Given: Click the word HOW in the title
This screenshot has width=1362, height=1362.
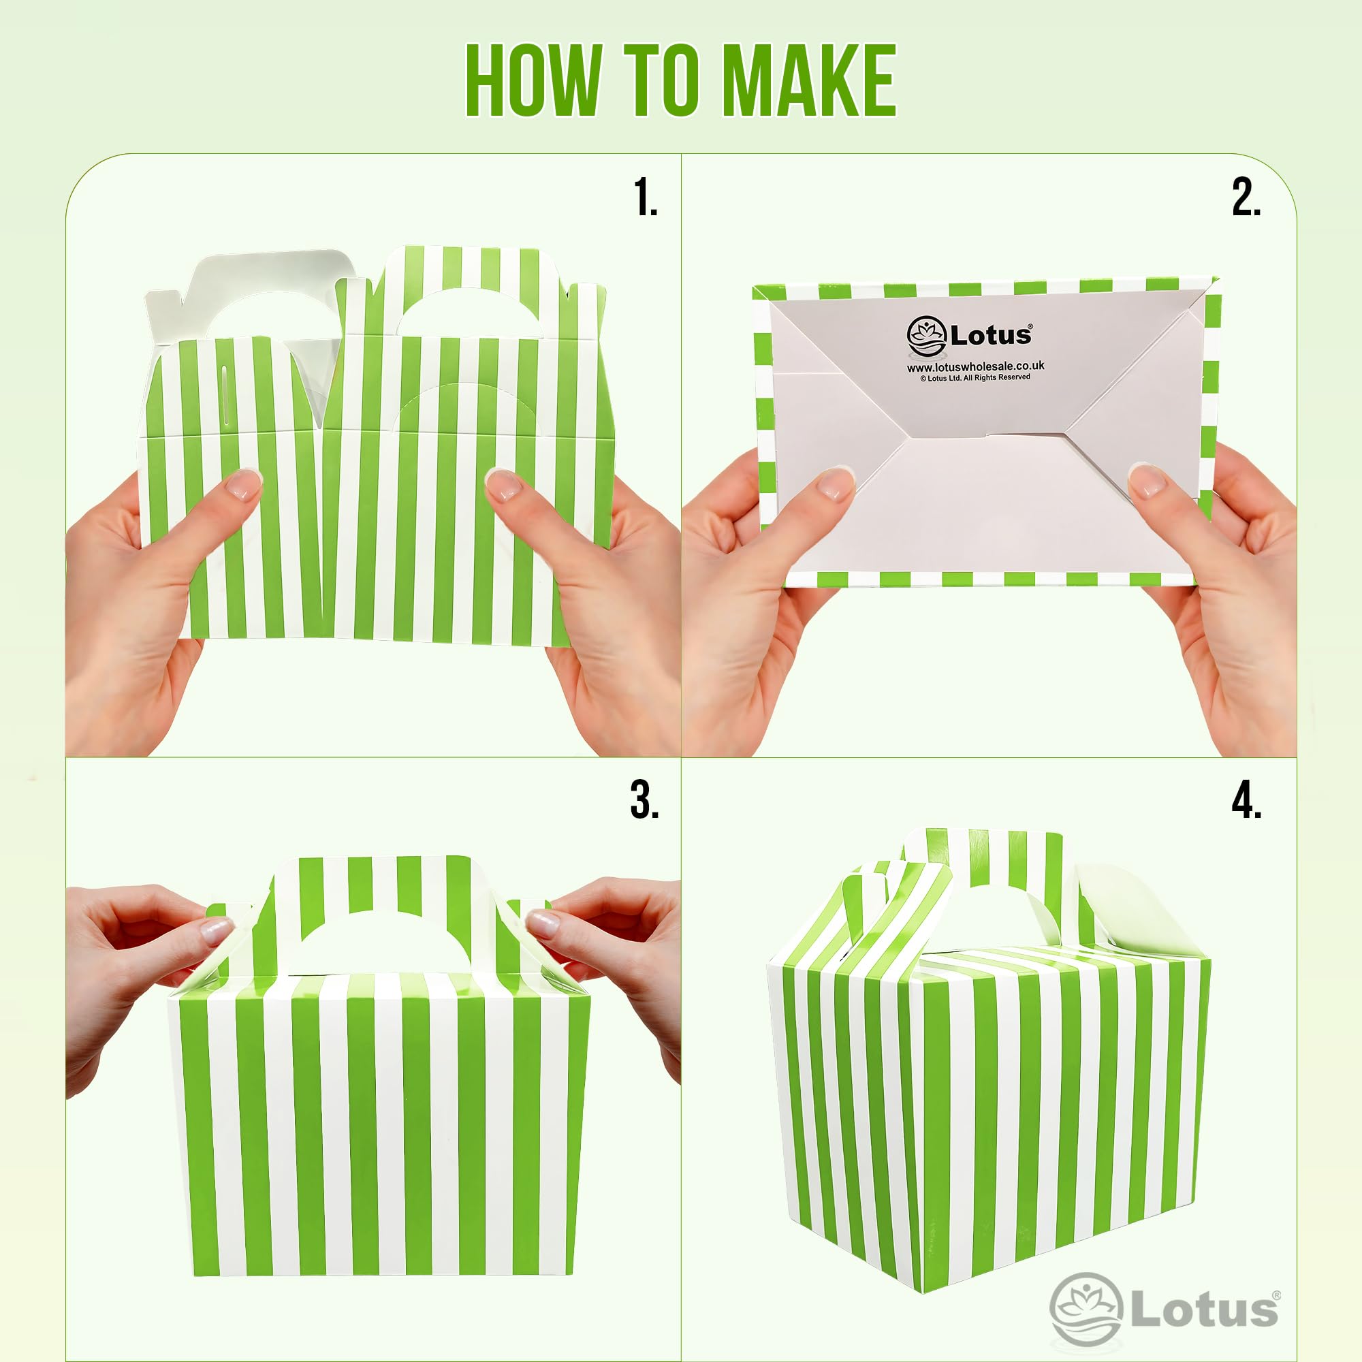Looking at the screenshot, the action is pyautogui.click(x=533, y=80).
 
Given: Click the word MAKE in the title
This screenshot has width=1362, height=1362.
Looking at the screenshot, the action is pyautogui.click(x=808, y=80).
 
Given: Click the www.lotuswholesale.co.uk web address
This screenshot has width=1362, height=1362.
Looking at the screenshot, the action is pyautogui.click(x=975, y=366).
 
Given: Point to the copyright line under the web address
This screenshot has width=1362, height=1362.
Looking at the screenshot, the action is pyautogui.click(x=975, y=378).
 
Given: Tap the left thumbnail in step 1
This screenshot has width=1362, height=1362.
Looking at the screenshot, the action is pyautogui.click(x=242, y=486).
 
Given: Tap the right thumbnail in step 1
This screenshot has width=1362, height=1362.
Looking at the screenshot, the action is pyautogui.click(x=503, y=486).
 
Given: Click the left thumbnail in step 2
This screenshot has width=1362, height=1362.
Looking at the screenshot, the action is pyautogui.click(x=836, y=484).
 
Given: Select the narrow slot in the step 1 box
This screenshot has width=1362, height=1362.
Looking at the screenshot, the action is pyautogui.click(x=224, y=394).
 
